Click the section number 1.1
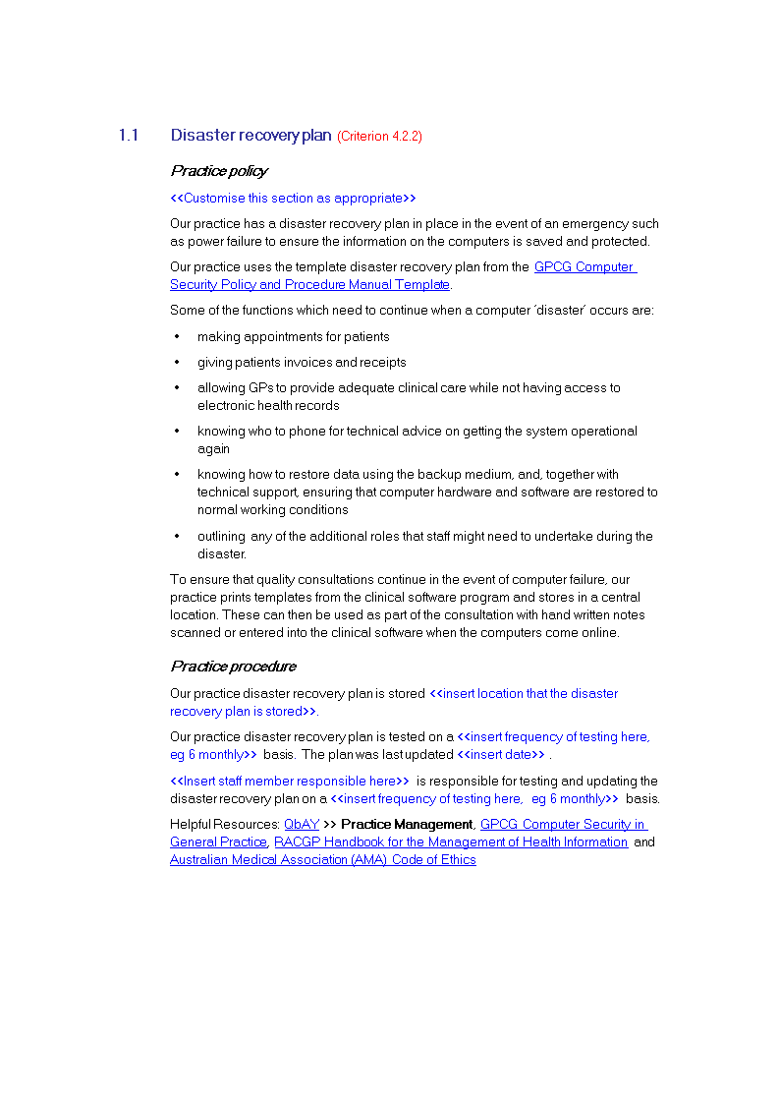pos(129,136)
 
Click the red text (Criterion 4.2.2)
pos(379,137)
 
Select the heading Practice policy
pos(218,171)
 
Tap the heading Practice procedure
pos(233,667)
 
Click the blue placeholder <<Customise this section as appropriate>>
pos(293,198)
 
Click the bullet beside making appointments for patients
pos(177,336)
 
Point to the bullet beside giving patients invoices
pos(177,362)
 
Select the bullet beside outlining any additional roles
pos(177,536)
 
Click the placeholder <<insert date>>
pos(501,755)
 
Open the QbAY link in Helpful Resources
pos(302,825)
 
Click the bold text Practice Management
pos(407,825)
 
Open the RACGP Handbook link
pos(451,842)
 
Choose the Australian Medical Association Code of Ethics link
pos(322,860)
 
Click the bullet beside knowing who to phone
pos(177,431)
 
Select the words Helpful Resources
pos(224,825)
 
